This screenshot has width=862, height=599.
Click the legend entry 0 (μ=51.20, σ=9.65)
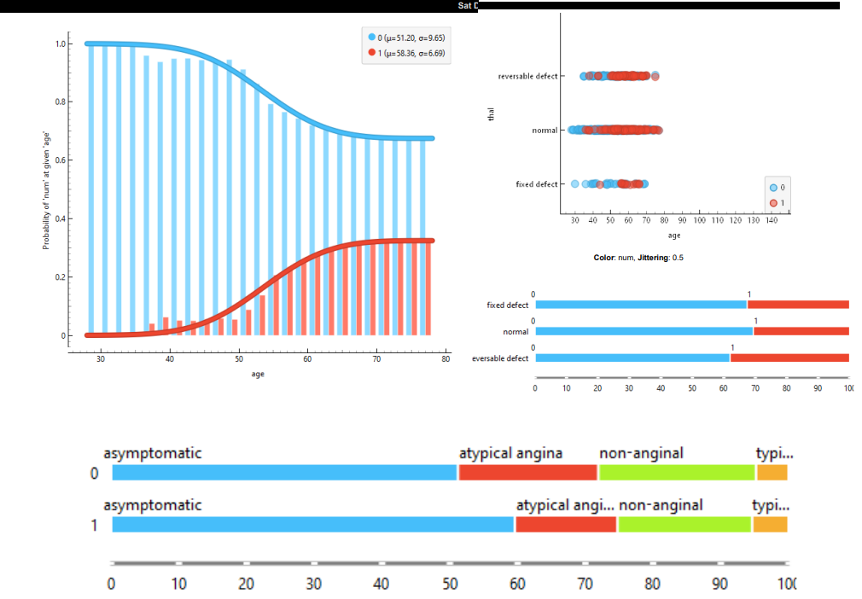[x=407, y=38]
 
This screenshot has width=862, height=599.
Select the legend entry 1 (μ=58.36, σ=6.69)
[x=407, y=53]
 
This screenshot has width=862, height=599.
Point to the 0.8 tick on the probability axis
[x=59, y=102]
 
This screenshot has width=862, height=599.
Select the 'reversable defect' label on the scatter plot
[x=527, y=77]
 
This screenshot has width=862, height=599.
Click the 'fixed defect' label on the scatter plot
[x=537, y=184]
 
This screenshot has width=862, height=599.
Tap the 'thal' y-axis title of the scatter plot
[x=491, y=114]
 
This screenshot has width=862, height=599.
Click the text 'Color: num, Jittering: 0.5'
[x=638, y=258]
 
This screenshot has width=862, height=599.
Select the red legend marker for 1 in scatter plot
[x=772, y=202]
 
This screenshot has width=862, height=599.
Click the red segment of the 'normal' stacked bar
[x=801, y=331]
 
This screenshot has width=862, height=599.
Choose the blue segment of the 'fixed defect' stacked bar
[x=640, y=305]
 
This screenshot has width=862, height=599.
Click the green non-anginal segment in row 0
[x=677, y=473]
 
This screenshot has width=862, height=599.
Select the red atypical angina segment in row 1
[x=566, y=525]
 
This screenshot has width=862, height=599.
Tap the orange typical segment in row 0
[x=772, y=473]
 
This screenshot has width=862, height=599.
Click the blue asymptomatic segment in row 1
[x=312, y=525]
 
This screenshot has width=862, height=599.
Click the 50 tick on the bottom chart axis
[x=449, y=584]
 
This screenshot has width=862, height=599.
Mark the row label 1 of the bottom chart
[x=96, y=525]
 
